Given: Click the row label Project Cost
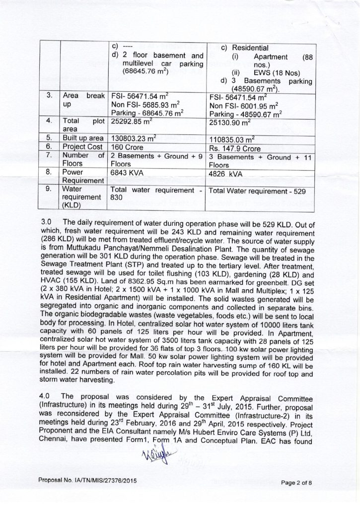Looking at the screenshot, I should (81, 147).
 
